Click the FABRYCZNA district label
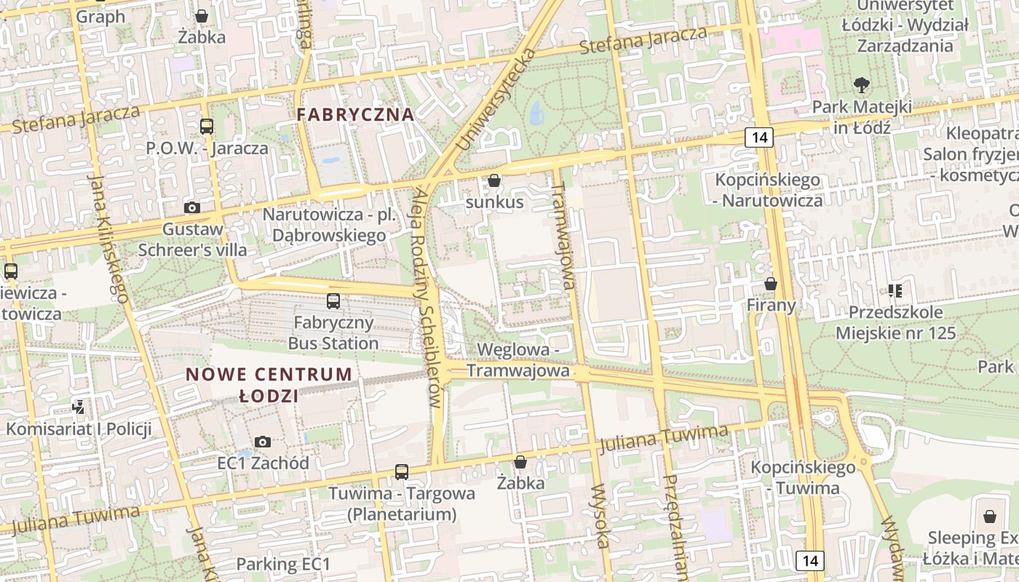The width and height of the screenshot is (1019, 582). [355, 114]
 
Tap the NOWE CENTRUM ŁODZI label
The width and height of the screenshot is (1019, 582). [269, 385]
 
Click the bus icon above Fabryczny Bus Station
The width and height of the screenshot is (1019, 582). [333, 300]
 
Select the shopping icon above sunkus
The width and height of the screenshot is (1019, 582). [494, 180]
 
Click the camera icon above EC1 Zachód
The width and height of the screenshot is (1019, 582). [263, 442]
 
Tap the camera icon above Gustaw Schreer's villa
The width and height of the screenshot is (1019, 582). [192, 208]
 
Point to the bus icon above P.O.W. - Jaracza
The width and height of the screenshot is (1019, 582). [207, 127]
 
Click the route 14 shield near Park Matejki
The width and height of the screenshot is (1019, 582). [759, 137]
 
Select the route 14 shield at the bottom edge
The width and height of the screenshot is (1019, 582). [810, 560]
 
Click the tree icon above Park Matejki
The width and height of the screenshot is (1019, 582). [862, 85]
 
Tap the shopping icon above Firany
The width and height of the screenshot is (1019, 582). [771, 284]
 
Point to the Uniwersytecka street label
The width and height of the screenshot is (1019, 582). [496, 100]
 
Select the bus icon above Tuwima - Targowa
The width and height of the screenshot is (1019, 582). [401, 471]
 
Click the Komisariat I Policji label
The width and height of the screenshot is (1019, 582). [79, 428]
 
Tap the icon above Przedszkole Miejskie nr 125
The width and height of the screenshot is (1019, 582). [895, 291]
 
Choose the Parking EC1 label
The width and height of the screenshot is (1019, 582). [283, 564]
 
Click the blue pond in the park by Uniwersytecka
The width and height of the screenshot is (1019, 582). [536, 113]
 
